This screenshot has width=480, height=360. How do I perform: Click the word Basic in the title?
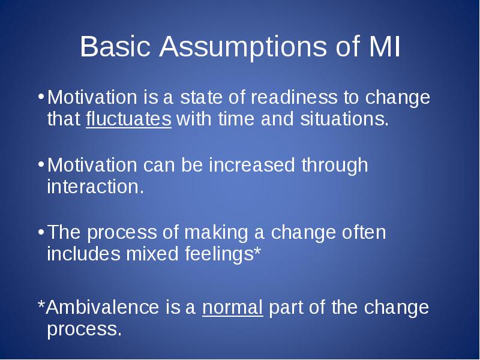(x=115, y=46)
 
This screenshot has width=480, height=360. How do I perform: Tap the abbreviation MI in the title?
(x=385, y=46)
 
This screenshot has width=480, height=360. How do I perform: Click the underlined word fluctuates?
(x=128, y=119)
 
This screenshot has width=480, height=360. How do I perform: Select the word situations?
(x=344, y=119)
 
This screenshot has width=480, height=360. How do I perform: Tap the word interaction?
(x=95, y=187)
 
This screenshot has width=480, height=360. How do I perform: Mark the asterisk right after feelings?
(x=257, y=250)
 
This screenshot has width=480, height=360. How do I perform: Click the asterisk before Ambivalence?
(x=41, y=304)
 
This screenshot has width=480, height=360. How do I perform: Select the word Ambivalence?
(x=103, y=307)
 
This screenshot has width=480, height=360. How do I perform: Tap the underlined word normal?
(x=232, y=308)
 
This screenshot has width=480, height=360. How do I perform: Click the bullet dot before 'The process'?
(x=41, y=232)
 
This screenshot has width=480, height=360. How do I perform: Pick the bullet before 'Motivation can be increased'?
(x=41, y=164)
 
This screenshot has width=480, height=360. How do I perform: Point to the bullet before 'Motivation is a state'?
(x=41, y=97)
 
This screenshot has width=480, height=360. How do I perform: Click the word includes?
(x=83, y=254)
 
